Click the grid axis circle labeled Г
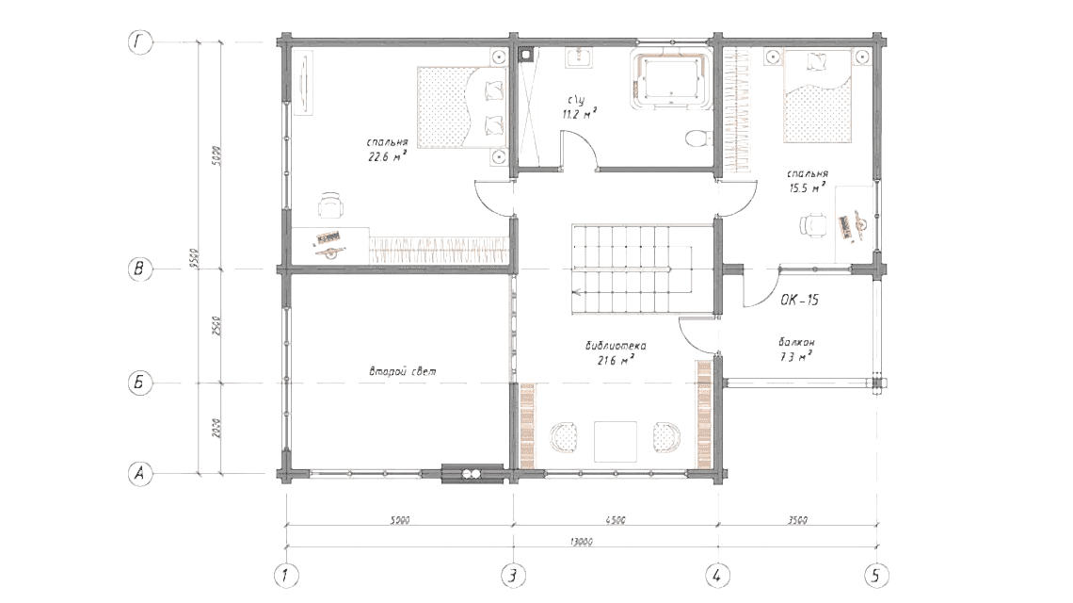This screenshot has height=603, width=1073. tap(139, 42)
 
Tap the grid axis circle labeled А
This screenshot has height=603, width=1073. tap(139, 475)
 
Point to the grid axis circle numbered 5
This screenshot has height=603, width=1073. tap(877, 574)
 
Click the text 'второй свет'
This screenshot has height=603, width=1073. tap(402, 372)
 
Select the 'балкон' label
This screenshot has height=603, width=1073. tap(795, 342)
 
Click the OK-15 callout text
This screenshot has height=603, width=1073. tap(799, 301)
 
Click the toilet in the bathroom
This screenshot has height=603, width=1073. tap(697, 139)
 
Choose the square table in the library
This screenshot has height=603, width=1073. tap(616, 441)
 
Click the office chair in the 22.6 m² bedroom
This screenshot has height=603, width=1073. tap(329, 206)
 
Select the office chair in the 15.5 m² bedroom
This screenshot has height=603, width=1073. tap(812, 224)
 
